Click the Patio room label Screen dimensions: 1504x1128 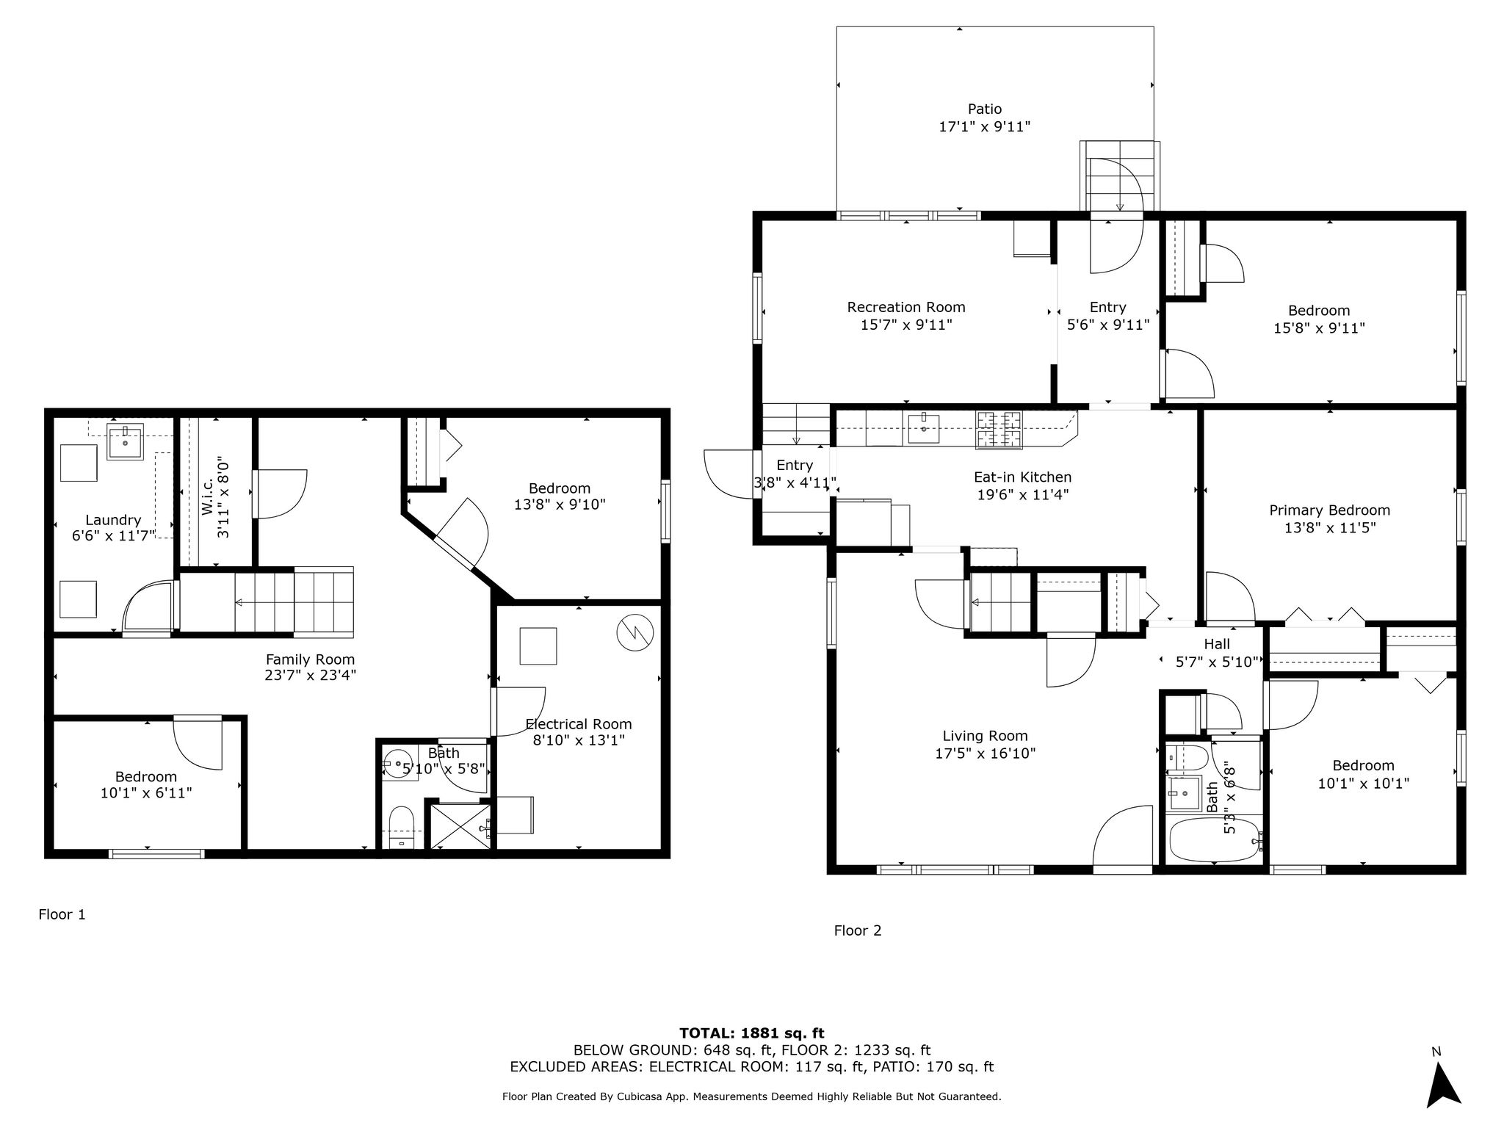tap(984, 109)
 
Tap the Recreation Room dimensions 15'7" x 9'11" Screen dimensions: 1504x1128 tap(906, 325)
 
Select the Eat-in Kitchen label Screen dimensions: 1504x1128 tap(1023, 477)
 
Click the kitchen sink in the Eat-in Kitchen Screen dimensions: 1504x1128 tap(923, 428)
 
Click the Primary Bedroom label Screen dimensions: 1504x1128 tap(1330, 510)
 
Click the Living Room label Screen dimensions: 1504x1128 tap(985, 736)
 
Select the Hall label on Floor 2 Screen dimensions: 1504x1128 tap(1217, 644)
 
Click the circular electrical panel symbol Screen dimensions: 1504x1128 tap(634, 632)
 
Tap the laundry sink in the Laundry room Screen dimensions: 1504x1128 tap(126, 441)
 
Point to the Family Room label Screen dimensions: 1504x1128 tap(310, 659)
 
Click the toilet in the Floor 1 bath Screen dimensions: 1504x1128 tap(402, 828)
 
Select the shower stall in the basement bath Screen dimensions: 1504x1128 tap(460, 828)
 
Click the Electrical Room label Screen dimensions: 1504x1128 tap(579, 724)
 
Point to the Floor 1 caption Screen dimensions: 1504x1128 tap(62, 914)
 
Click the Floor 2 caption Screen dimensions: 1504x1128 tap(858, 930)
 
